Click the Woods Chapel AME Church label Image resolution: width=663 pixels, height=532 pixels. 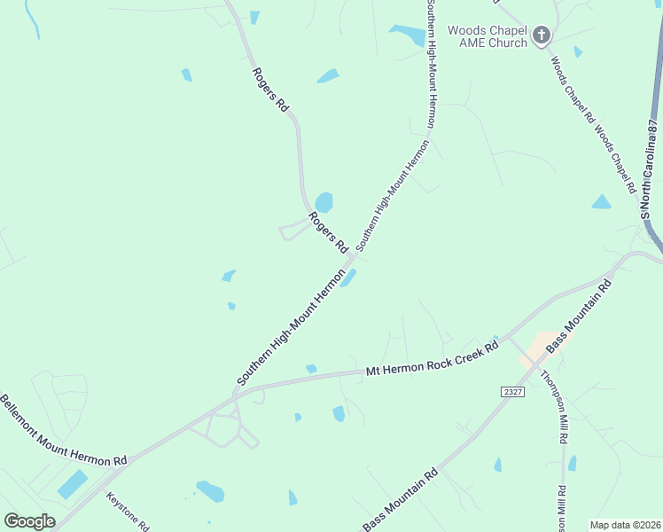[487, 36]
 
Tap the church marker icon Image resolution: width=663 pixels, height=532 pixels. [541, 36]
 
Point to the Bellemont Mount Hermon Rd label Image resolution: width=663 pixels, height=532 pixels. [63, 431]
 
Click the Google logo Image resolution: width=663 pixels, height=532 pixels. [29, 521]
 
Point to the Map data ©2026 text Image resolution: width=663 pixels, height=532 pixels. [625, 525]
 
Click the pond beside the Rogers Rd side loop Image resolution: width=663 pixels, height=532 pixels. [324, 202]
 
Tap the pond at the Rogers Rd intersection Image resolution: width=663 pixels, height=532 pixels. [348, 278]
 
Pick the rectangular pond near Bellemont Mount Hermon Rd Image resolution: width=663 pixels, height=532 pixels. [73, 484]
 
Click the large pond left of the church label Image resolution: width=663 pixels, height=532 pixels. [408, 35]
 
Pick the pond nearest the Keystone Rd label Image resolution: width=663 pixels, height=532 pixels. [210, 490]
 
